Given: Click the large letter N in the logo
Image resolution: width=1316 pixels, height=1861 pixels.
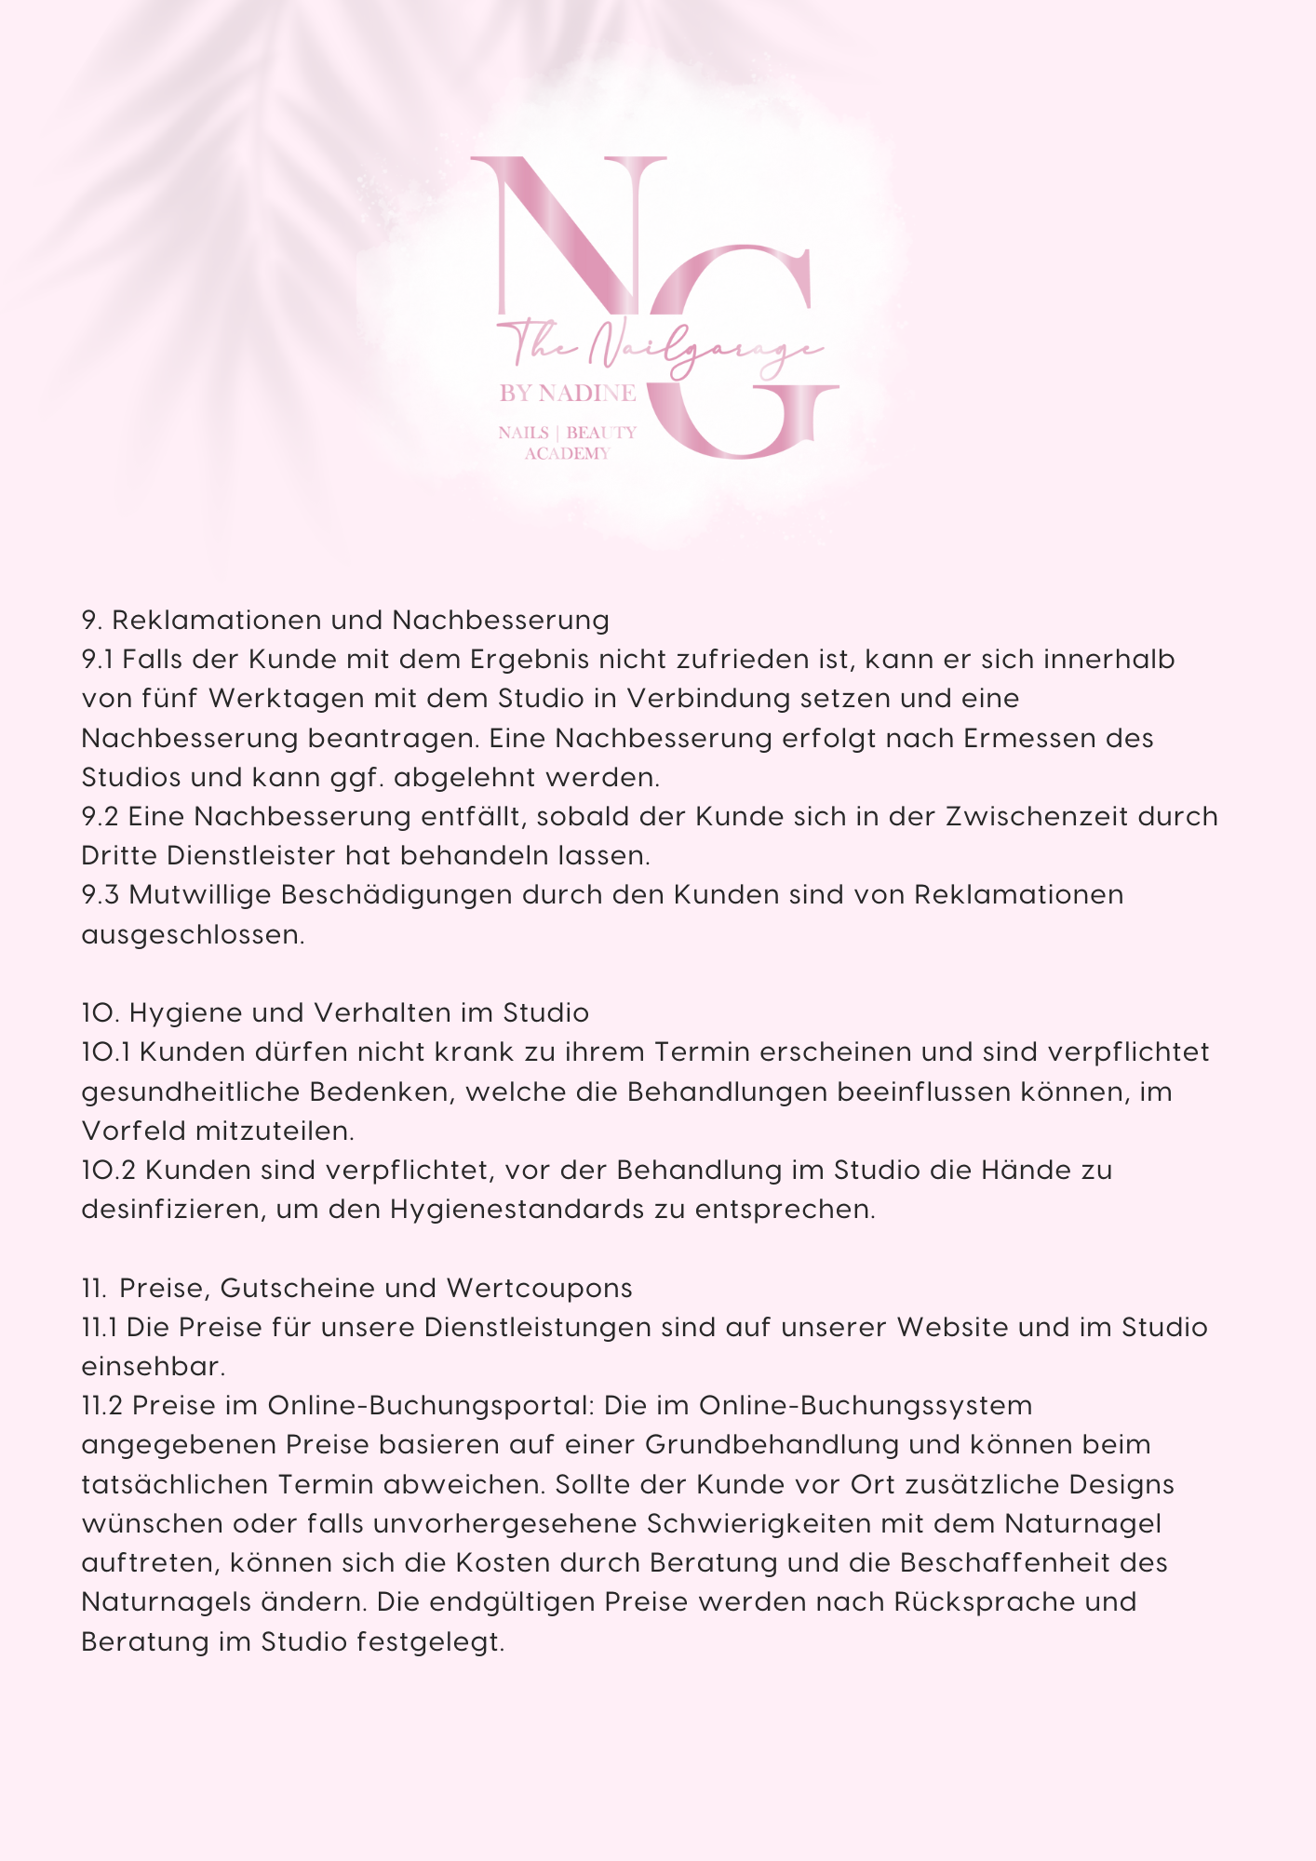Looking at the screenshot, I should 568,237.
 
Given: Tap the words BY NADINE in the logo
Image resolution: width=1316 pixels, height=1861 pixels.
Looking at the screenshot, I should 568,394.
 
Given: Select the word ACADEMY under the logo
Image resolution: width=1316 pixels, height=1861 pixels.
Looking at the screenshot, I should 568,454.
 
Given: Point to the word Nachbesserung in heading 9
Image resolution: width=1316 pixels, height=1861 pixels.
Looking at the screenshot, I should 501,620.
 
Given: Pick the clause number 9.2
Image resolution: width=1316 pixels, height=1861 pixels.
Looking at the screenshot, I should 101,816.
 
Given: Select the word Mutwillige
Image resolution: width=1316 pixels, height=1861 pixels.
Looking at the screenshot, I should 199,894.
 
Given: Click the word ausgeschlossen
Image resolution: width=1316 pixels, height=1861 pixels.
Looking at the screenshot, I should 193,934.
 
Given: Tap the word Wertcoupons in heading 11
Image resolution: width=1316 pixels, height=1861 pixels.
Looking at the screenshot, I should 540,1288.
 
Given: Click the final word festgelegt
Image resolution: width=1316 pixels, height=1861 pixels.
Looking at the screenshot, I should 430,1641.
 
